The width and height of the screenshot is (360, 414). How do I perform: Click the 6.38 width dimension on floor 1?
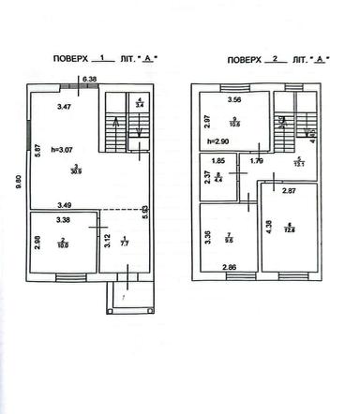[x=90, y=79]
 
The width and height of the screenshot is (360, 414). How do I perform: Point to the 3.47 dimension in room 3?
[x=65, y=110]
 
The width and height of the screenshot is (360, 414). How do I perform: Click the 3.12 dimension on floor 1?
[x=108, y=245]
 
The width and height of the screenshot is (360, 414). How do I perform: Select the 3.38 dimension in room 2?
[x=64, y=221]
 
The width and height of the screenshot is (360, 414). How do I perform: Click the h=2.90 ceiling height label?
[x=218, y=140]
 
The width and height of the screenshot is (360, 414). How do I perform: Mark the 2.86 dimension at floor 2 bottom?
[x=229, y=269]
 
